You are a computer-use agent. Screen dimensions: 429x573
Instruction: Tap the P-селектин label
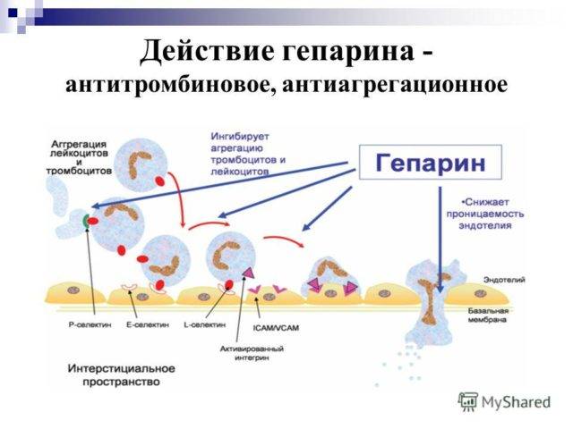click(86, 325)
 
